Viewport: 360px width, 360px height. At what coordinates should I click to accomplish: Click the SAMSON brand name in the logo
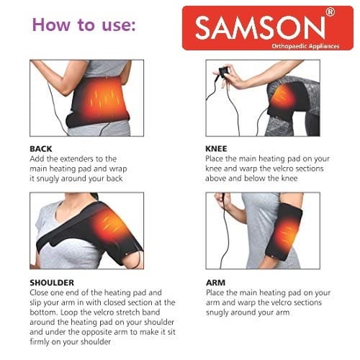[x=260, y=28]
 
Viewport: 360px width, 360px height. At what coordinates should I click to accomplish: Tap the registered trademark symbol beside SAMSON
[x=330, y=12]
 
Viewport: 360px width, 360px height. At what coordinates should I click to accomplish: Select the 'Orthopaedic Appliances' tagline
[x=305, y=46]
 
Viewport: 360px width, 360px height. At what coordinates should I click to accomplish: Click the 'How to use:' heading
[x=84, y=24]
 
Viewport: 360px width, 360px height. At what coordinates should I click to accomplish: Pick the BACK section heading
[x=41, y=149]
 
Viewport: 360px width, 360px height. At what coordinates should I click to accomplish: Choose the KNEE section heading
[x=216, y=149]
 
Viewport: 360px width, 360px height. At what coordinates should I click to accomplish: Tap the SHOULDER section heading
[x=52, y=282]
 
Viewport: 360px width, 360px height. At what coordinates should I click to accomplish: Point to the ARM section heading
[x=215, y=282]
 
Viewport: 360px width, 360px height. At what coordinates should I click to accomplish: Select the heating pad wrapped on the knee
[x=287, y=99]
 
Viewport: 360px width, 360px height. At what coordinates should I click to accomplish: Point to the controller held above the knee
[x=224, y=72]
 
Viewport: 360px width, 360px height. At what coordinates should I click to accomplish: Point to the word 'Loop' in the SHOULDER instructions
[x=68, y=312]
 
